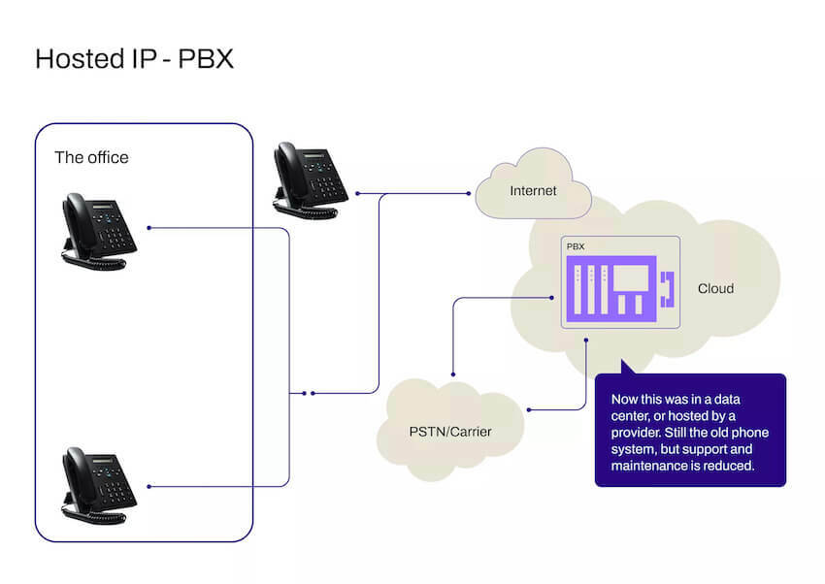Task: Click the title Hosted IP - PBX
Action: (134, 59)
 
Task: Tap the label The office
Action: (91, 157)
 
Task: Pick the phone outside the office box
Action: (309, 177)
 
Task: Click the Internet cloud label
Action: (533, 190)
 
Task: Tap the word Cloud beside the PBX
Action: (715, 289)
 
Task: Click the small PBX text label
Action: (576, 248)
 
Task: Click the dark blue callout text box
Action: (689, 429)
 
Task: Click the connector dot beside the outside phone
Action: (358, 194)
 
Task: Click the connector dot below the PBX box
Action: (586, 340)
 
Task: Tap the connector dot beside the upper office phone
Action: (148, 229)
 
